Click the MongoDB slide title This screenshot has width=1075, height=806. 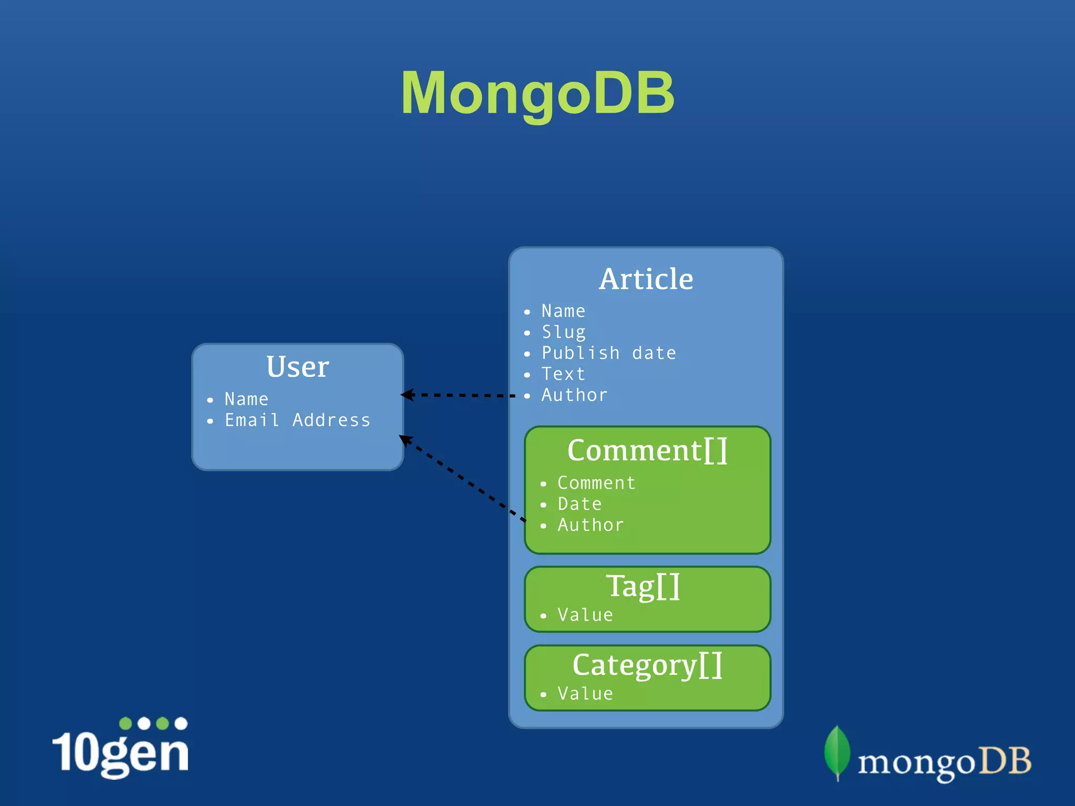pyautogui.click(x=537, y=93)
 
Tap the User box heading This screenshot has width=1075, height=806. pyautogui.click(x=298, y=367)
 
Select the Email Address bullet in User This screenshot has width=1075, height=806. pyautogui.click(x=297, y=420)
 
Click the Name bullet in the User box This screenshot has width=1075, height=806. pyautogui.click(x=246, y=399)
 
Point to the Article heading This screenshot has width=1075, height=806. pyautogui.click(x=646, y=279)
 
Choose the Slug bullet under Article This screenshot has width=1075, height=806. pyautogui.click(x=563, y=332)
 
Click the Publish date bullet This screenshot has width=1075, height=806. pyautogui.click(x=608, y=353)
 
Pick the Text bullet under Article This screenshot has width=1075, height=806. pyautogui.click(x=563, y=374)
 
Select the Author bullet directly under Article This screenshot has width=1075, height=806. pyautogui.click(x=574, y=395)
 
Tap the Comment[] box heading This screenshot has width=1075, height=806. pyautogui.click(x=647, y=450)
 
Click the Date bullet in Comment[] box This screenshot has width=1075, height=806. pyautogui.click(x=579, y=504)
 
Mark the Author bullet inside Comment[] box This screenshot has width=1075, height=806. pyautogui.click(x=591, y=525)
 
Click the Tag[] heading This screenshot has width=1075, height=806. pyautogui.click(x=644, y=586)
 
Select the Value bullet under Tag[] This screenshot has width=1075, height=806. pyautogui.click(x=585, y=615)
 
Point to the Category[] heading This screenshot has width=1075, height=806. pyautogui.click(x=647, y=665)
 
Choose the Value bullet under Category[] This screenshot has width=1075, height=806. pyautogui.click(x=585, y=694)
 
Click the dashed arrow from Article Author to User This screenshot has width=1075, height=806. pyautogui.click(x=459, y=395)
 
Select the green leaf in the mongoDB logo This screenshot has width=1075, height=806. pyautogui.click(x=837, y=751)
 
